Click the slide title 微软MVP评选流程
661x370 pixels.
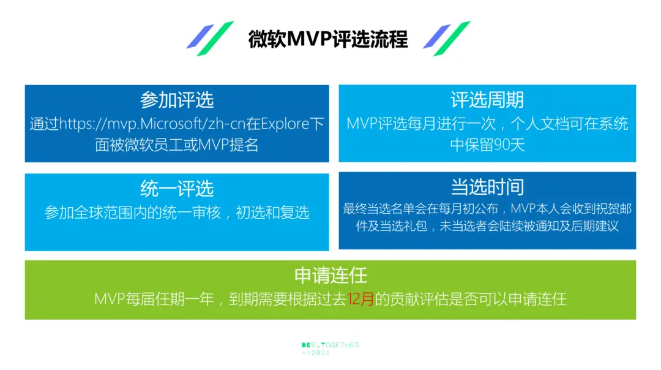[327, 40]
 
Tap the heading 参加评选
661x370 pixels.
[177, 100]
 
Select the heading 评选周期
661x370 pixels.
[487, 100]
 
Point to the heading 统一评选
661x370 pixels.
[177, 189]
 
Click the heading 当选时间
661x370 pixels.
[487, 187]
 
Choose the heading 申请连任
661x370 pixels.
[330, 276]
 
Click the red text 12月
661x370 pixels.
[361, 299]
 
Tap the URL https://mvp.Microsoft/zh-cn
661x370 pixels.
[152, 124]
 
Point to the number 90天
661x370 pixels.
[509, 145]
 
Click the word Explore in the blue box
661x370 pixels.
[285, 124]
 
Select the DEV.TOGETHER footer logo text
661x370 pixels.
[330, 345]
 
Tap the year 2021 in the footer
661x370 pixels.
[320, 353]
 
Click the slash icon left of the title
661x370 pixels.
[210, 39]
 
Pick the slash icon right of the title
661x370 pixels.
[446, 39]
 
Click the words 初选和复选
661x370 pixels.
[273, 213]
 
